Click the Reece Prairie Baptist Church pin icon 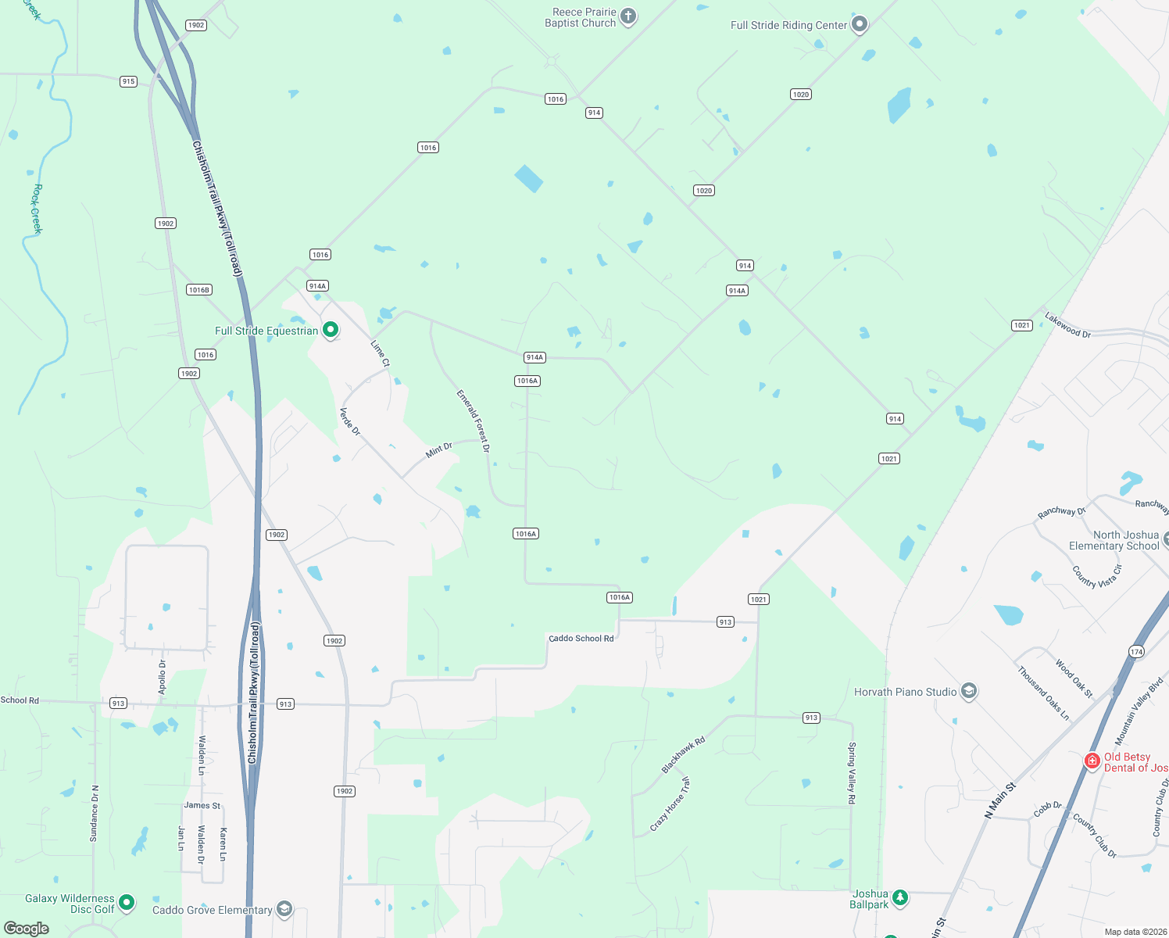click(628, 16)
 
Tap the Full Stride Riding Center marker click(860, 24)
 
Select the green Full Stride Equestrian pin click(331, 330)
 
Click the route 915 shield click(128, 81)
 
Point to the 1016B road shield click(199, 290)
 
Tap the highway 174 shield click(1136, 651)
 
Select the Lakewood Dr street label click(1067, 325)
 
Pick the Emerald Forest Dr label click(474, 421)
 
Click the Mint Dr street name click(439, 450)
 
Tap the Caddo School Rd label click(581, 639)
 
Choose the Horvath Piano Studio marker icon click(969, 691)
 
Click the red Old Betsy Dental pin click(1092, 761)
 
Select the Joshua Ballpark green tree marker click(900, 897)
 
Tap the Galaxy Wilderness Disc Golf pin click(126, 903)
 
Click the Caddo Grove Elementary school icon click(284, 909)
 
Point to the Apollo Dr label click(163, 677)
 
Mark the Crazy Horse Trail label click(670, 804)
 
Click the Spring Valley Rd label click(852, 773)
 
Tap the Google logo click(27, 928)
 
